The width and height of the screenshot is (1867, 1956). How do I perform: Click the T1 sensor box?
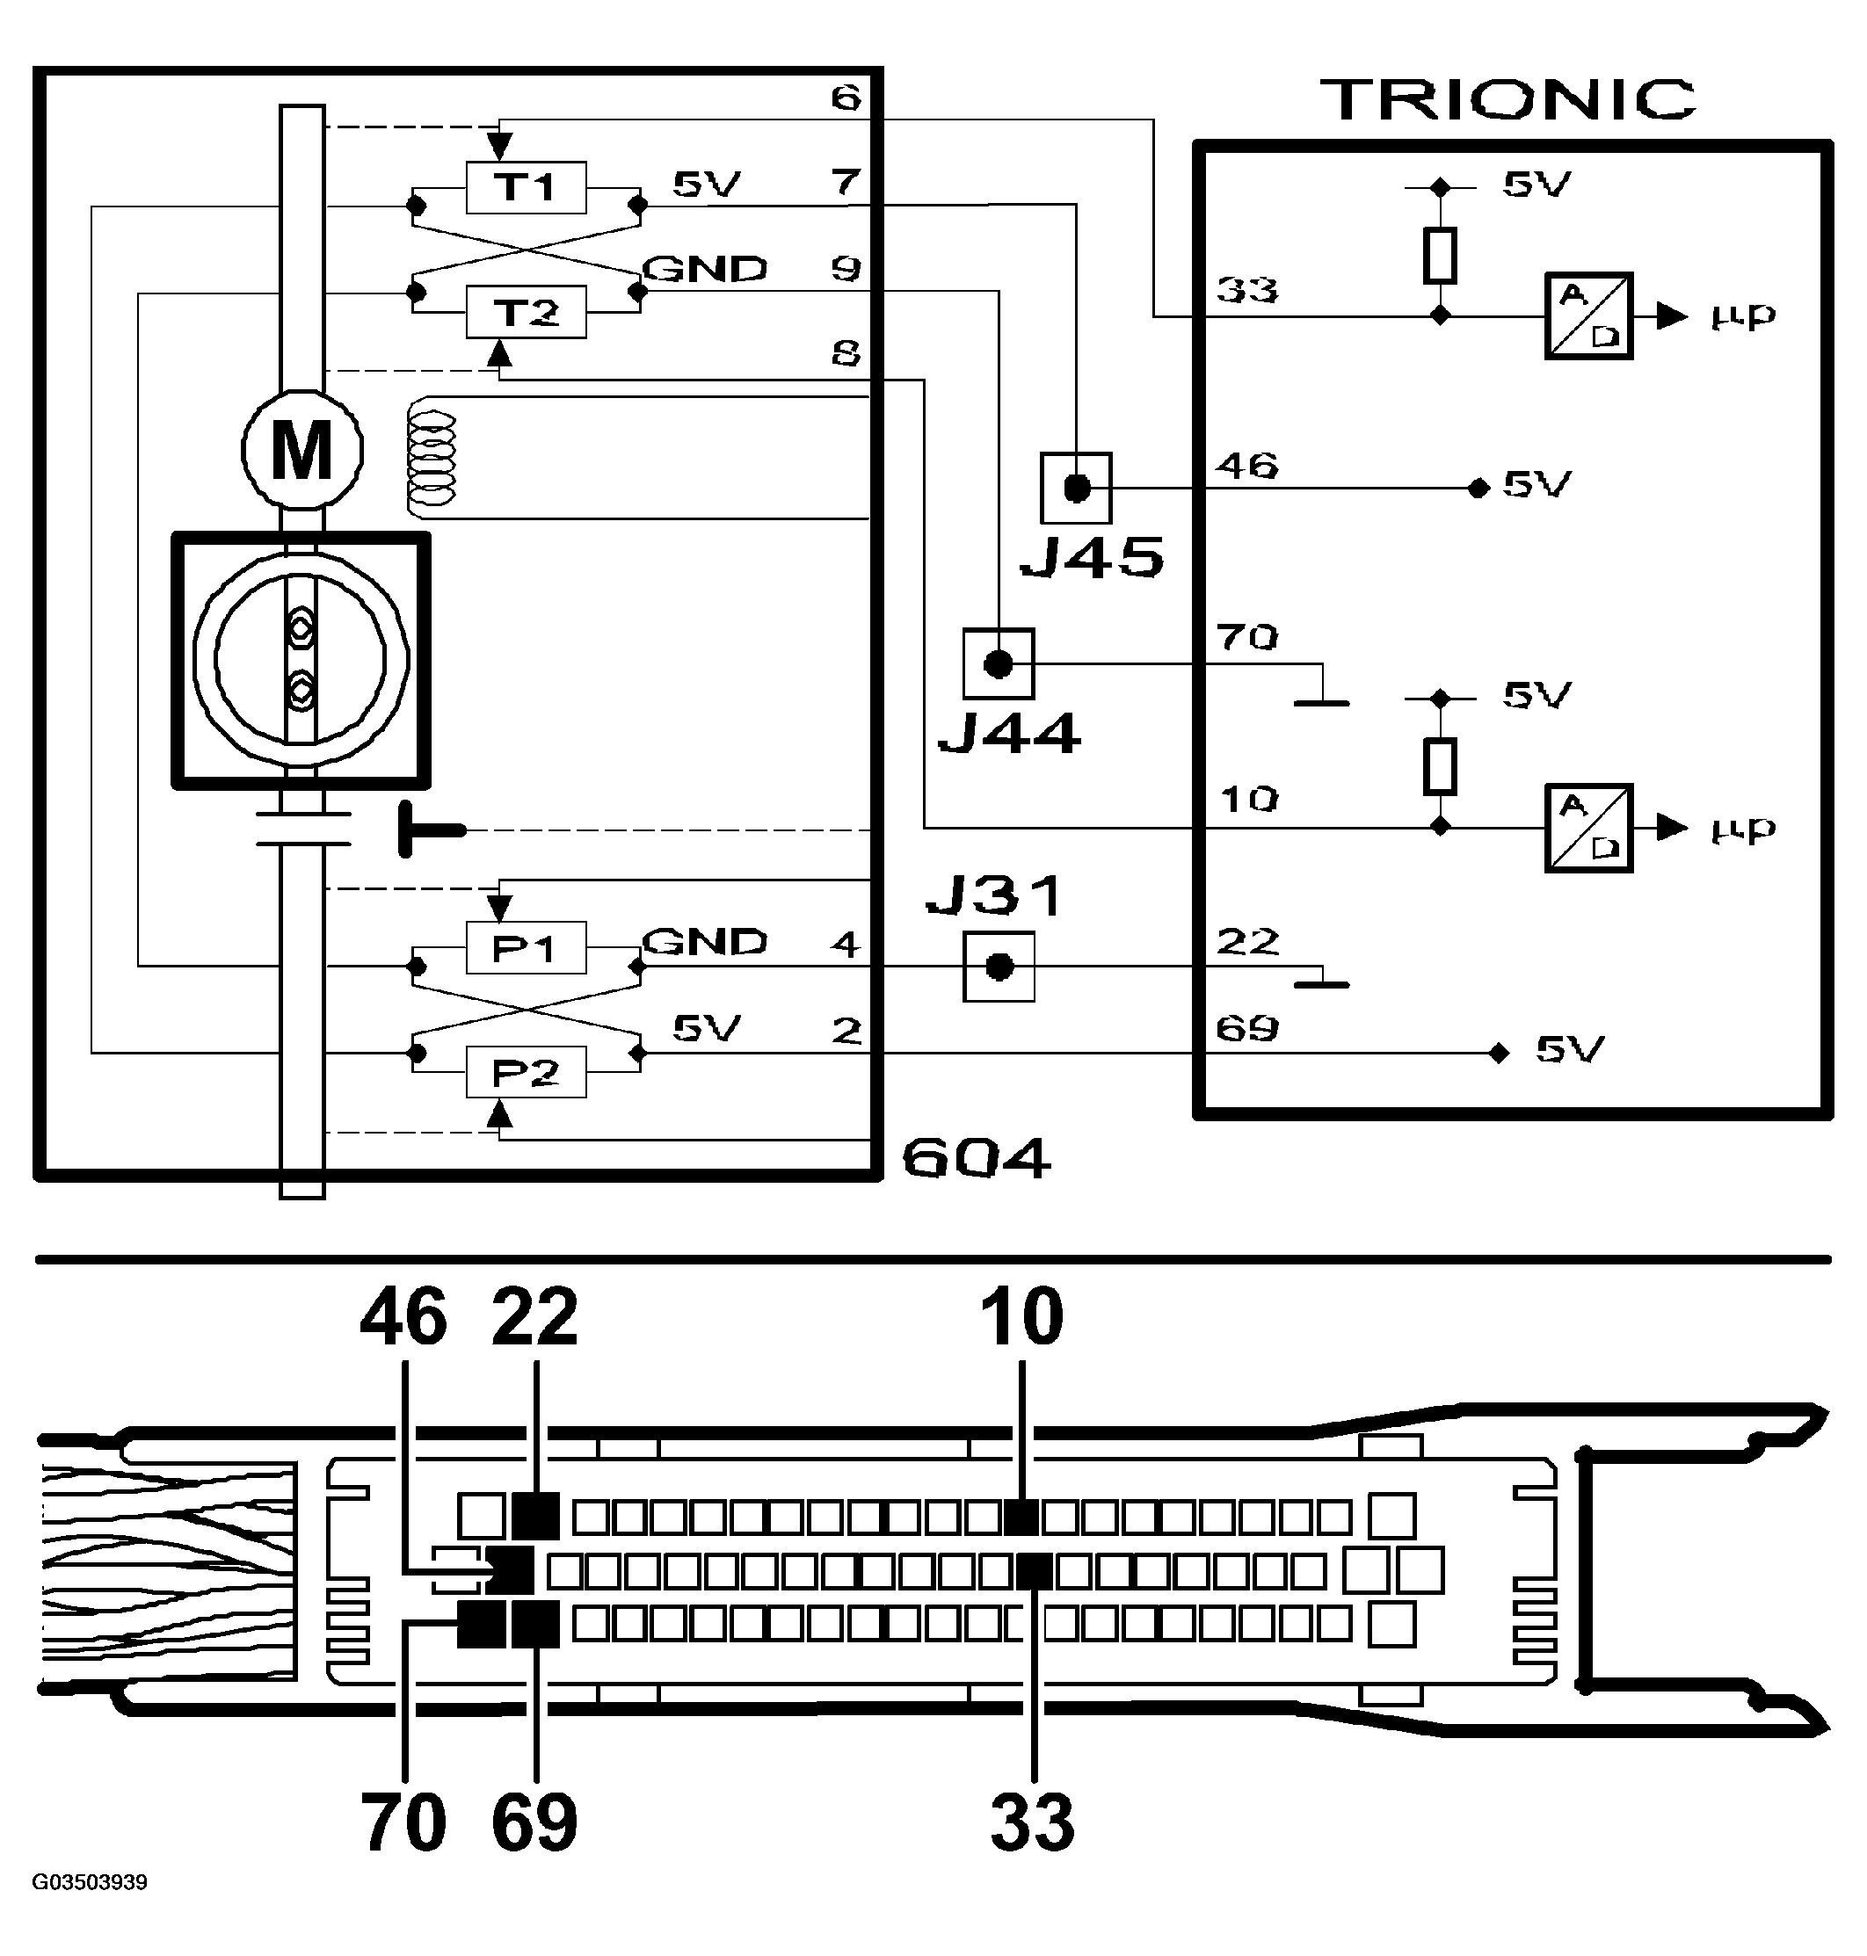coord(526,187)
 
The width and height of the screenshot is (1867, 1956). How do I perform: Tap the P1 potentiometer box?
coord(526,947)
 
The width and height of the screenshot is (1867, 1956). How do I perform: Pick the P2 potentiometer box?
coord(526,1071)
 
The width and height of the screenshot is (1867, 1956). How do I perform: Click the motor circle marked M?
coord(301,451)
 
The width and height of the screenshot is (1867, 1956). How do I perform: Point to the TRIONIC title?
coord(1507,99)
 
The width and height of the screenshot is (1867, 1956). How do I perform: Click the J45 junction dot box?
coord(1076,489)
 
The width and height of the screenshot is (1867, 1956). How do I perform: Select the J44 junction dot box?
coord(999,663)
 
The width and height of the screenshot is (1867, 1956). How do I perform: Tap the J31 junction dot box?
coord(999,966)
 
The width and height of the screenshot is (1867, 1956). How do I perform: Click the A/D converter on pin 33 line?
coord(1588,315)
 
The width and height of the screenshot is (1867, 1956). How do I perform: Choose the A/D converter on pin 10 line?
coord(1588,828)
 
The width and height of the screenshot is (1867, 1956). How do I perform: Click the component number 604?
coord(976,1158)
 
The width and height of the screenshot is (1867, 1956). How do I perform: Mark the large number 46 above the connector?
coord(403,1316)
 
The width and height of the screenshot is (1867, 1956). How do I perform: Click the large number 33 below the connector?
coord(1032,1822)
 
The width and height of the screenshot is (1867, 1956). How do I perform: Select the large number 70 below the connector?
coord(403,1822)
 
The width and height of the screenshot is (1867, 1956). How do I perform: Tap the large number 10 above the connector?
coord(1021,1316)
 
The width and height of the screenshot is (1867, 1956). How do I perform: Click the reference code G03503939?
coord(90,1882)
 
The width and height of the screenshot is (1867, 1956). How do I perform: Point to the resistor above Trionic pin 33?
coord(1440,255)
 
